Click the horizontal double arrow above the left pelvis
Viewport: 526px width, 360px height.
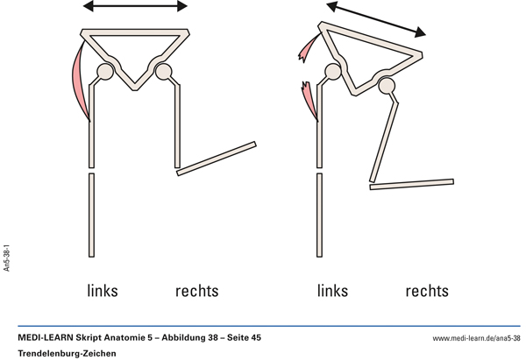[135, 7]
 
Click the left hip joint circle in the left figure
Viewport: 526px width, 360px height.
[104, 71]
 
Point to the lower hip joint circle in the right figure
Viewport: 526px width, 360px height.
[386, 84]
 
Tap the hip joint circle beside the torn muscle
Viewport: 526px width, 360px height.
[333, 72]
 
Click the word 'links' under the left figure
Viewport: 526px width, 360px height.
[103, 291]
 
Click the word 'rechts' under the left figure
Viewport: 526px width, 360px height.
[196, 291]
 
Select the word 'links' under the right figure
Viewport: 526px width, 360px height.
[332, 291]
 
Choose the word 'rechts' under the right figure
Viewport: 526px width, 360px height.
[427, 291]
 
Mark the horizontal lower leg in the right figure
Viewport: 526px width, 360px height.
[412, 184]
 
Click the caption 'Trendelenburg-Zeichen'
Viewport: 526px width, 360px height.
[67, 353]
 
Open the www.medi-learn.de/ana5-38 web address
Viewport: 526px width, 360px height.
[477, 337]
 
